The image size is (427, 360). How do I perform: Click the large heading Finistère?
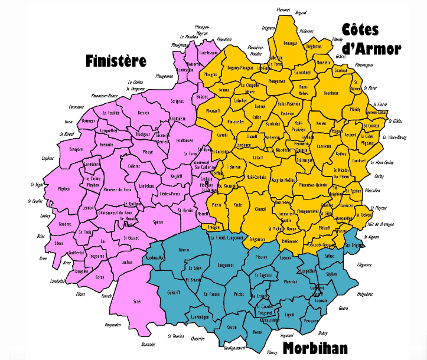pos(116,61)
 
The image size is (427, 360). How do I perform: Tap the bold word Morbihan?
pos(314,348)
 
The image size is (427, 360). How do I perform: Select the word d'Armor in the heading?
pos(371,48)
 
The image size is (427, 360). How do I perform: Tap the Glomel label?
pos(260,208)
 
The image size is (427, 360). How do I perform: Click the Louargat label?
pos(290,42)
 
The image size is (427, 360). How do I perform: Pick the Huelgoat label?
pos(144,134)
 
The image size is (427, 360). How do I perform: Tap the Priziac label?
pos(239,293)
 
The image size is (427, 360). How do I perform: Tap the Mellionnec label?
pos(289,241)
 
